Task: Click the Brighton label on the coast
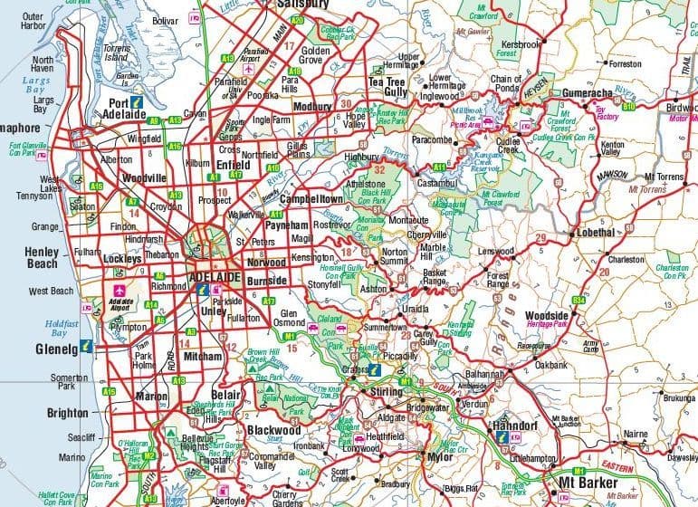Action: click(x=67, y=413)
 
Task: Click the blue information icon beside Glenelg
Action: click(x=86, y=345)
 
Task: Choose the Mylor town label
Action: click(x=440, y=457)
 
